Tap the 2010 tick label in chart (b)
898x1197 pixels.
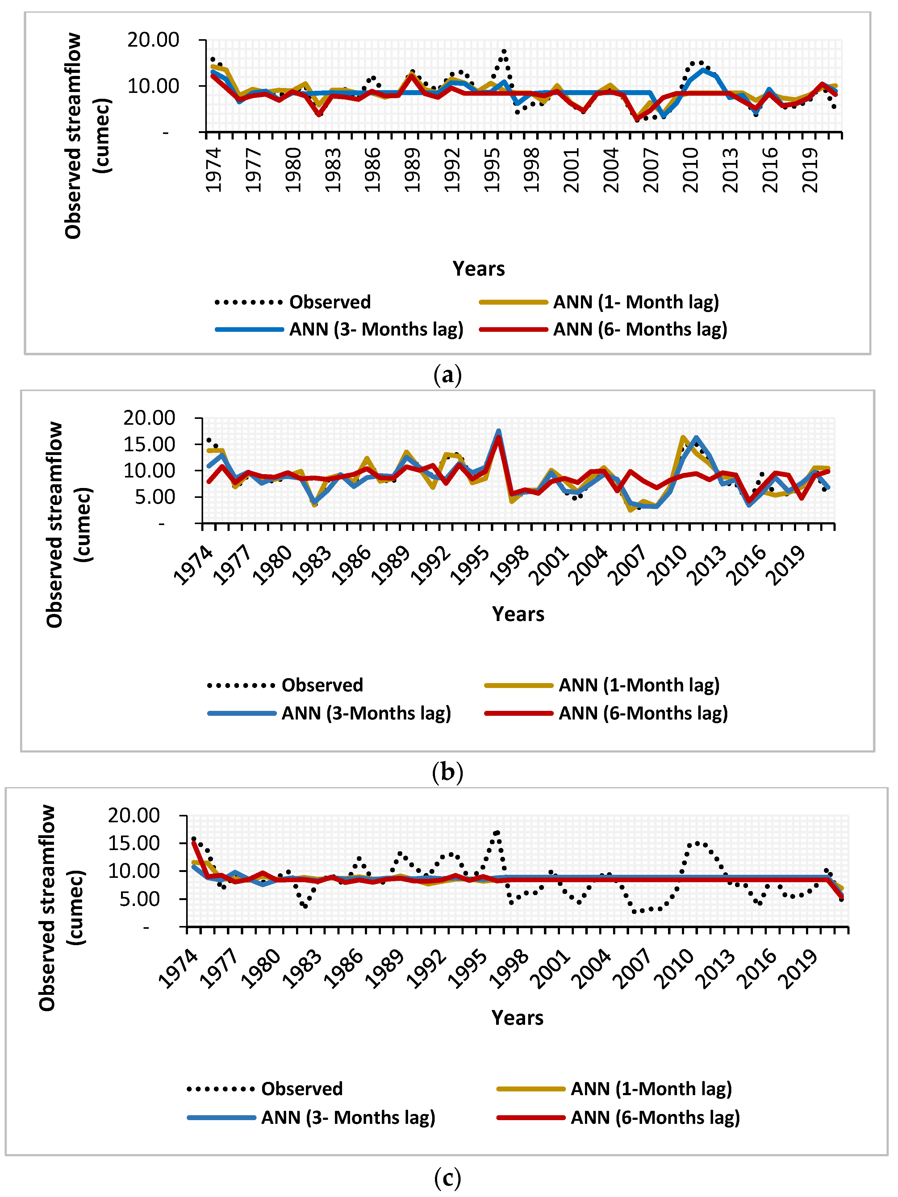pyautogui.click(x=670, y=565)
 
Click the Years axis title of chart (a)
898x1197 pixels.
pyautogui.click(x=478, y=269)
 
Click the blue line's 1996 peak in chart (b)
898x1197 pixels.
pyautogui.click(x=499, y=431)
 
